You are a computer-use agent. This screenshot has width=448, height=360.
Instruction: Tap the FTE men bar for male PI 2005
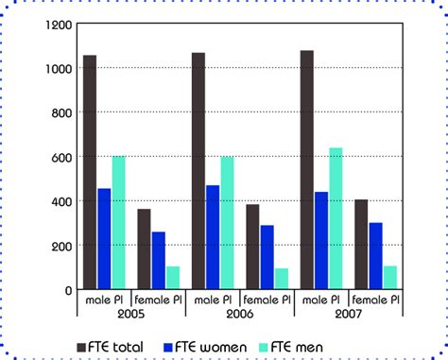point(118,223)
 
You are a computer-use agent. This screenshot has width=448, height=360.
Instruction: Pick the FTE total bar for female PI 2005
point(144,249)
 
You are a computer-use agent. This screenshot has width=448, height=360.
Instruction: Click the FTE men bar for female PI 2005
point(173,278)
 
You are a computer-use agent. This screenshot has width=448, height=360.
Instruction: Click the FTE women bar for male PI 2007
point(321,241)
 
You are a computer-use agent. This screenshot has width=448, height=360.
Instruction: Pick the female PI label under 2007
point(376,300)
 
